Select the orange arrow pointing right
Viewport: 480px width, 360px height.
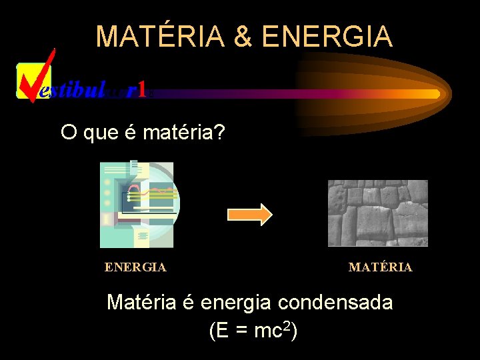click(250, 214)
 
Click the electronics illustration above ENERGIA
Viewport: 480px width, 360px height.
click(138, 204)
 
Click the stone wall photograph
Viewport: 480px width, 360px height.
click(377, 213)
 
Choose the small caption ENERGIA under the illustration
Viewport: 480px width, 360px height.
click(135, 267)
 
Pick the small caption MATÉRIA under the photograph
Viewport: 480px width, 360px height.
click(380, 267)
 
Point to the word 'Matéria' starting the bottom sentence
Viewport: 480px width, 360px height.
click(141, 303)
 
